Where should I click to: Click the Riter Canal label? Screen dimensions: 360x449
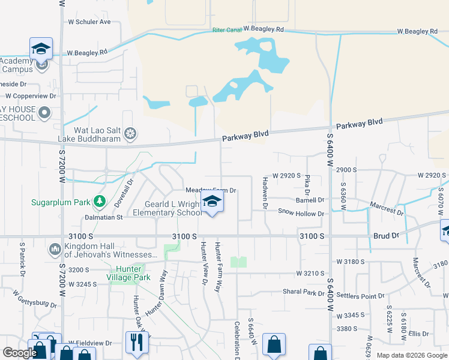226,30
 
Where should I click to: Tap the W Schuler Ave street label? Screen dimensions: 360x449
89,22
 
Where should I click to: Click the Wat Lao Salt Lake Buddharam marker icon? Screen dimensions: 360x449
130,133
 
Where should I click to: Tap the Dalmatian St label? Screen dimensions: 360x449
103,217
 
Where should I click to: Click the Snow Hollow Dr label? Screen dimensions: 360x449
301,213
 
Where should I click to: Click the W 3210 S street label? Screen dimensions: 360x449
310,274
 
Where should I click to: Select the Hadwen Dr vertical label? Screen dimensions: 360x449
265,193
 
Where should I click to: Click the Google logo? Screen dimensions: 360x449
19,353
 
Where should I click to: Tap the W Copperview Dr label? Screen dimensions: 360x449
31,95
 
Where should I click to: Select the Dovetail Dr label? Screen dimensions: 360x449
126,185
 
